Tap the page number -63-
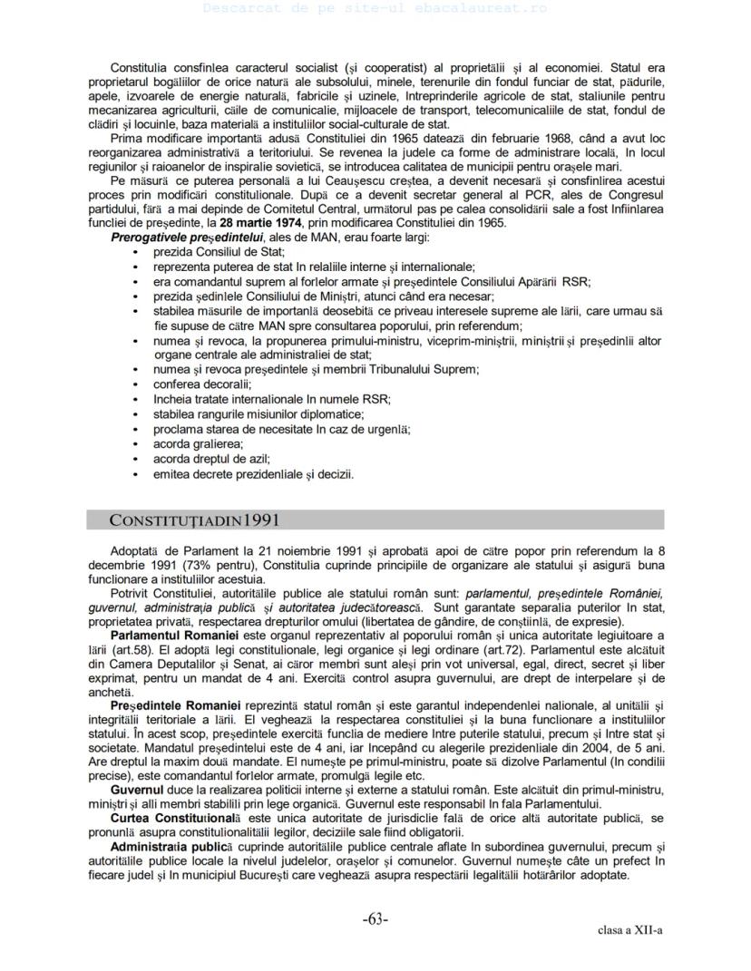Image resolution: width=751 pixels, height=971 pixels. coord(375,919)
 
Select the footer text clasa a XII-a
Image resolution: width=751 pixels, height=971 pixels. coord(630,930)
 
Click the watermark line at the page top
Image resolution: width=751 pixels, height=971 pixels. coord(375,8)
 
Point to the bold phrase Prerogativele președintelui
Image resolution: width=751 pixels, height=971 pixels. coord(173,238)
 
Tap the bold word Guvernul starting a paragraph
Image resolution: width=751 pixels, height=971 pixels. coord(137,791)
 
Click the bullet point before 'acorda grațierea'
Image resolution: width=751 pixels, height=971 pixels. coord(136,444)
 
